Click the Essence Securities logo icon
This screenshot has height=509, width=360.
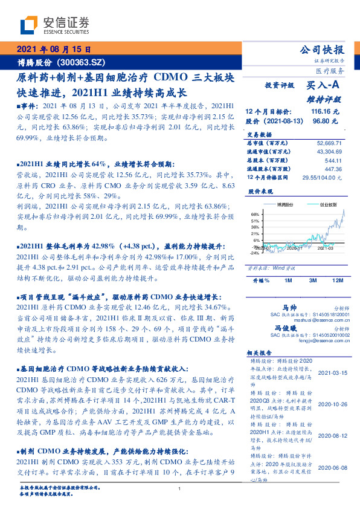point(28,25)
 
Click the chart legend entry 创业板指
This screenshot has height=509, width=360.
point(329,206)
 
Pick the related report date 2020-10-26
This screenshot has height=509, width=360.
point(330,404)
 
